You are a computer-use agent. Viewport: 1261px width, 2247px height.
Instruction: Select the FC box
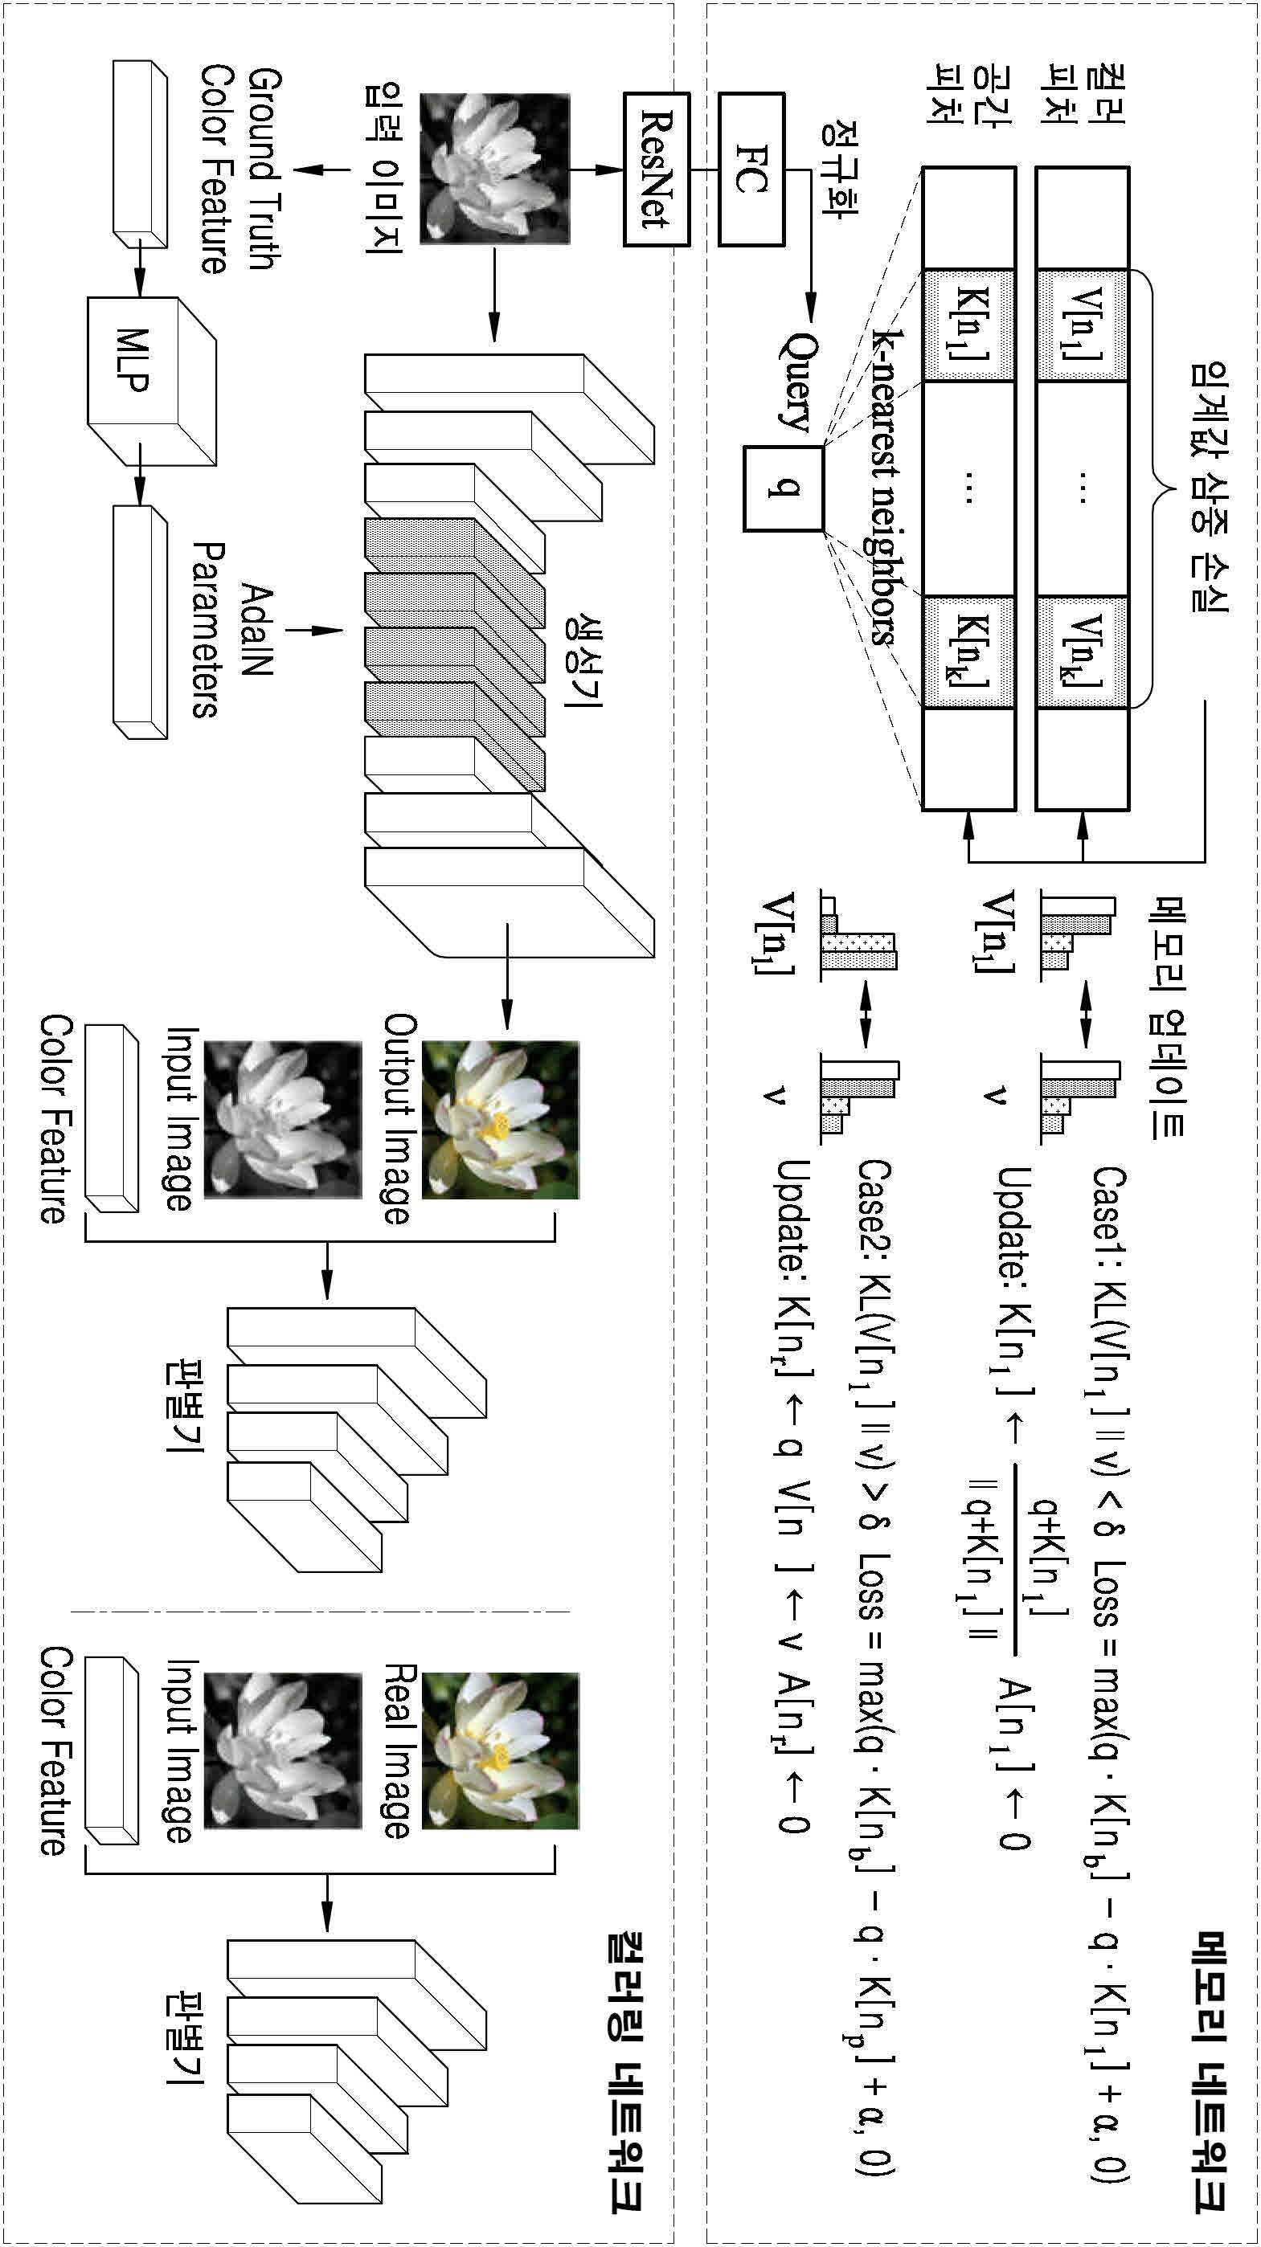751,169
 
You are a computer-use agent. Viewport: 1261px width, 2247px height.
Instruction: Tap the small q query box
783,488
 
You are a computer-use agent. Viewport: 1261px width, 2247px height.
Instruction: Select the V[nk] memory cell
1080,652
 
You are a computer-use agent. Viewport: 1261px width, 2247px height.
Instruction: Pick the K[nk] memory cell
968,652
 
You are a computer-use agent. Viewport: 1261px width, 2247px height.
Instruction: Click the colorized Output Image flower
500,1119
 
